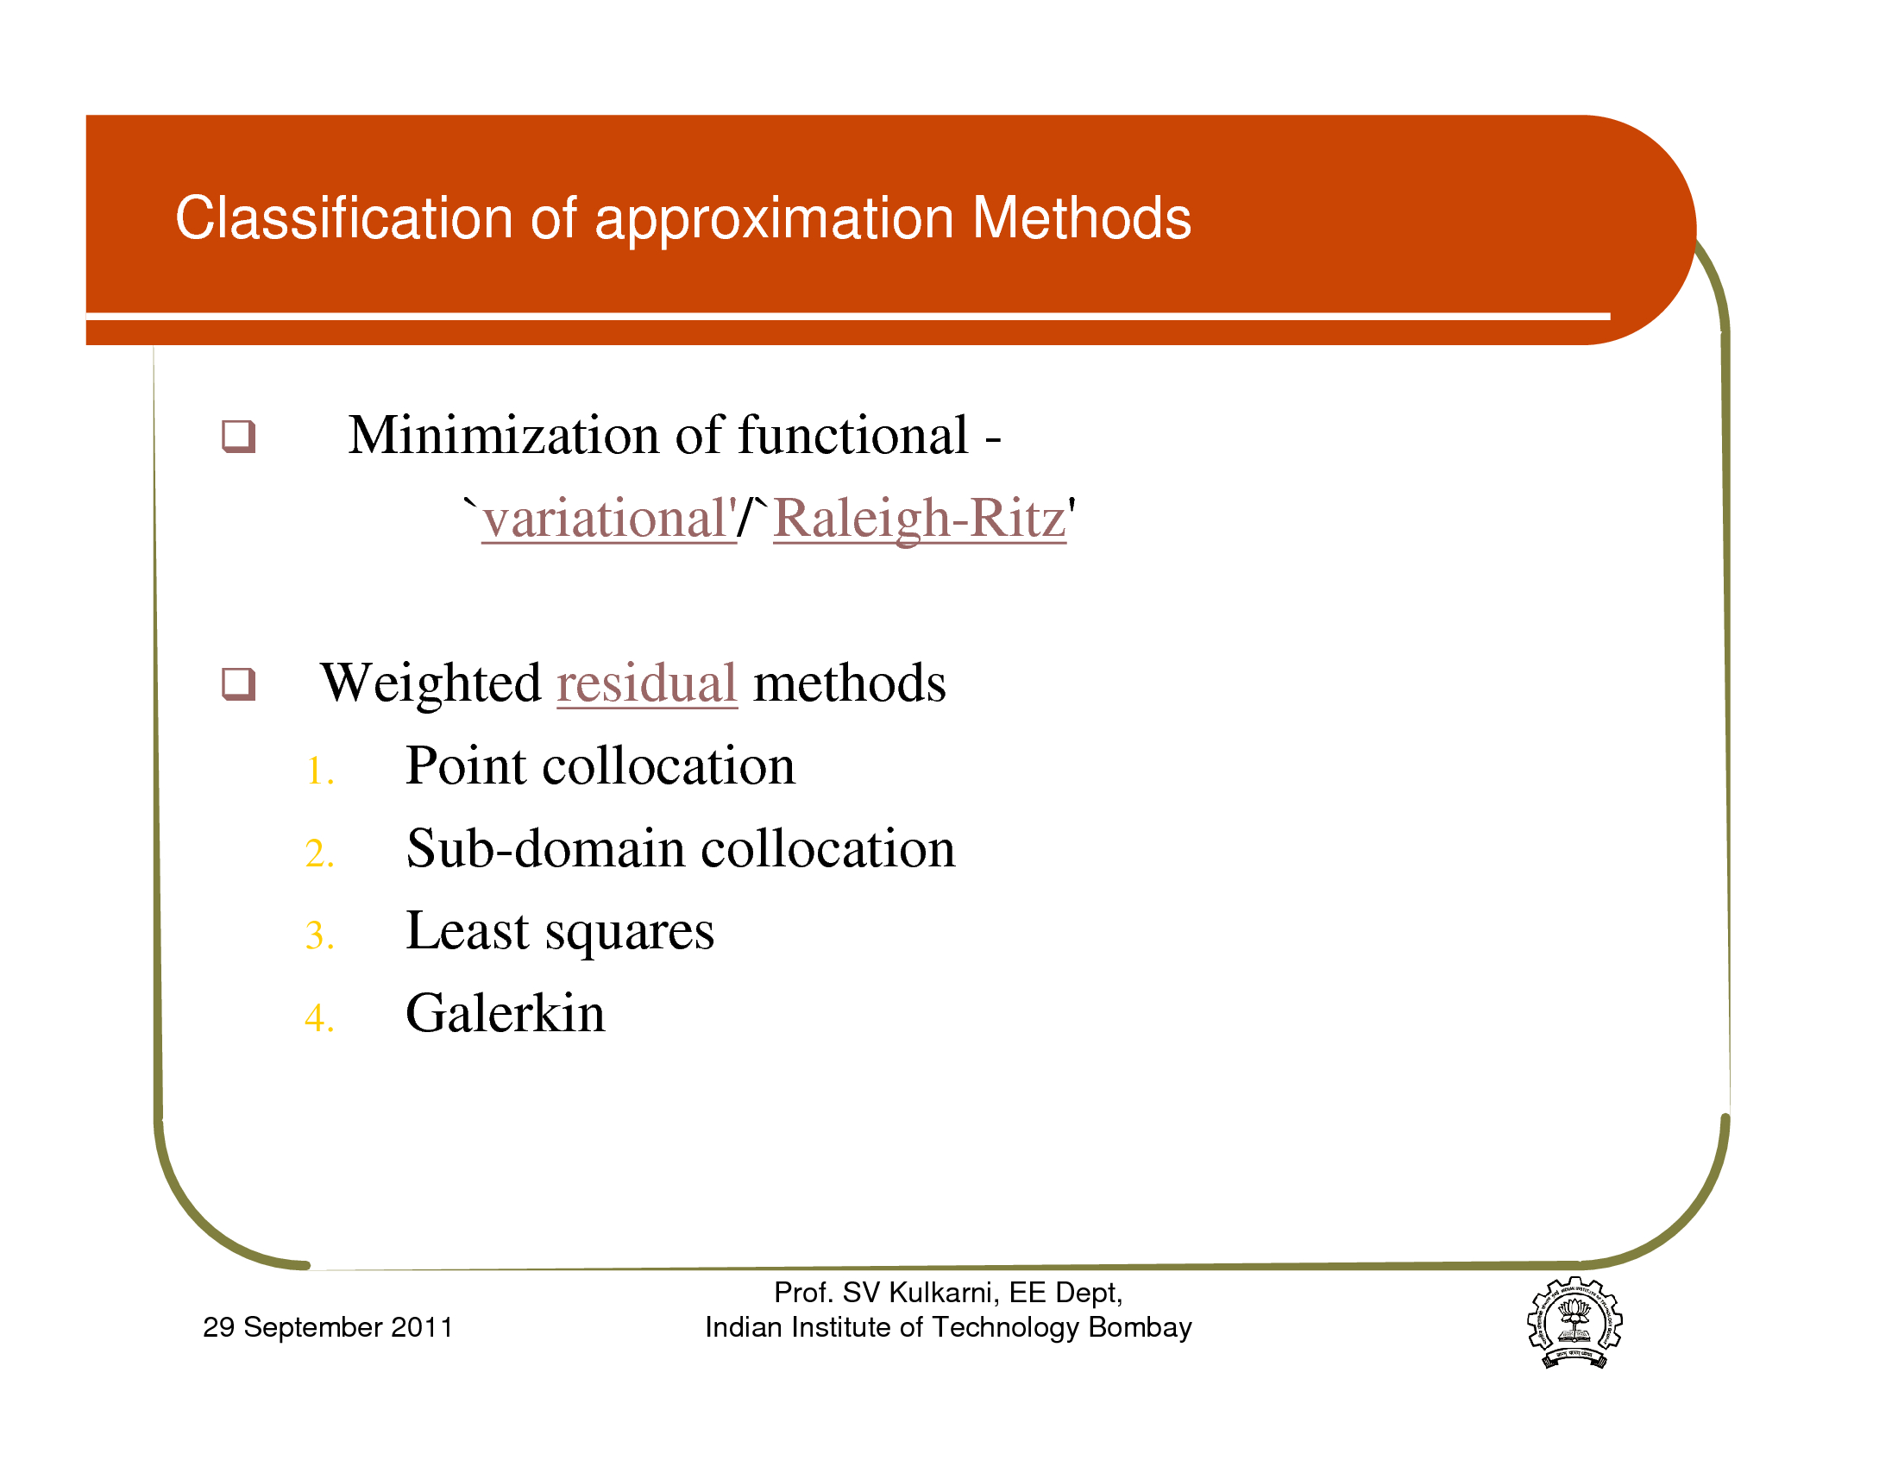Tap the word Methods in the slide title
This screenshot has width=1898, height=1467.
1082,217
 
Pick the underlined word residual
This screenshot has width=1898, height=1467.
646,683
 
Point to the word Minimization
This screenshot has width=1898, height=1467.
504,435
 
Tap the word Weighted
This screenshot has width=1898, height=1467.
431,683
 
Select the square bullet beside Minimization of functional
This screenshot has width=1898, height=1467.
238,436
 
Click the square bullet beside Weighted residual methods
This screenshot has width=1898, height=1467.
238,683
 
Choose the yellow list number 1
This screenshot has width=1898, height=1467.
319,771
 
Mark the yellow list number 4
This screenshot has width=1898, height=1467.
319,1017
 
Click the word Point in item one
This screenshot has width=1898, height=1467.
466,765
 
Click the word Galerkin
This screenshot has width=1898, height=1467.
505,1012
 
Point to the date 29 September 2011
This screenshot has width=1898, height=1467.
328,1327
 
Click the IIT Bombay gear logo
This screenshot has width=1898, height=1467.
1574,1322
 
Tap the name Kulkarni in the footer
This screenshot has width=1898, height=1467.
945,1294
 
